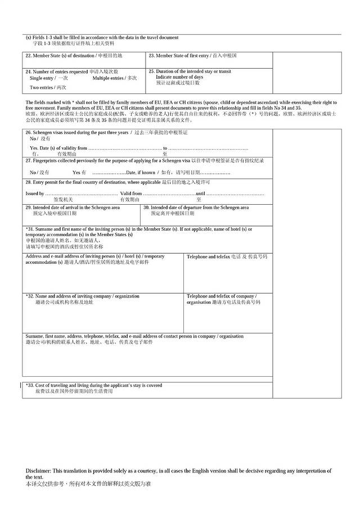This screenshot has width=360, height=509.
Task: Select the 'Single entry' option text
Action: tap(42, 78)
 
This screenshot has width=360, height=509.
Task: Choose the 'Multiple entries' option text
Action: tap(109, 78)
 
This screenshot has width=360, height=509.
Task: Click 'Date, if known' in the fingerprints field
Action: tap(141, 172)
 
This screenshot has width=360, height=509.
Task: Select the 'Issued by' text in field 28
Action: tap(35, 193)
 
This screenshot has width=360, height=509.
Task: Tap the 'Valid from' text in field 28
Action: tap(131, 193)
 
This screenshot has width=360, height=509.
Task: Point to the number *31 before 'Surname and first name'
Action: tap(30, 229)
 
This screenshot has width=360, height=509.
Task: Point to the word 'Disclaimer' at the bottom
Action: tap(38, 471)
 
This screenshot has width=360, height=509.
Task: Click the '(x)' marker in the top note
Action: tap(29, 38)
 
